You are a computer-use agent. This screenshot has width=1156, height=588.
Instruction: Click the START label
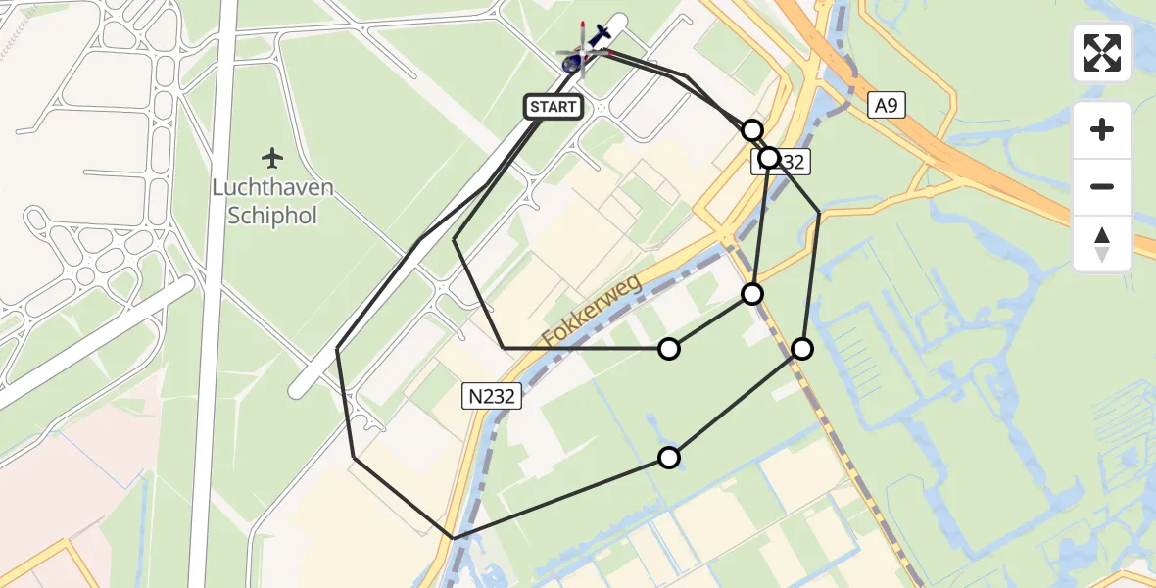point(554,107)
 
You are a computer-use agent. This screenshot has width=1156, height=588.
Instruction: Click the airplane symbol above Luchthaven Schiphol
point(271,157)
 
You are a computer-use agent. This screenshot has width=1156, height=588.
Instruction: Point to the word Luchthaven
point(272,187)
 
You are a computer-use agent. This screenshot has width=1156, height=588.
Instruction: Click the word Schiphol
point(272,216)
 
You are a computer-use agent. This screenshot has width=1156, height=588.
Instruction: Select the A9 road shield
point(886,106)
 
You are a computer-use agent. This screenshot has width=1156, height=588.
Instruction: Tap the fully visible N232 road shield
point(492,395)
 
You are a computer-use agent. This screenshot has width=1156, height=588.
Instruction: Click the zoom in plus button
point(1102,129)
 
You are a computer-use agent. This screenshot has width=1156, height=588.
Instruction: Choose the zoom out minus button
point(1102,186)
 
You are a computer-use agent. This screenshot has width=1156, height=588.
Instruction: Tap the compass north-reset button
point(1102,243)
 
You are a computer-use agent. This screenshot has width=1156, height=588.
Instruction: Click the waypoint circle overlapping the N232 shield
point(769,158)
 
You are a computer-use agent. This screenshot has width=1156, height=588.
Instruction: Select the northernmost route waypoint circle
point(751,130)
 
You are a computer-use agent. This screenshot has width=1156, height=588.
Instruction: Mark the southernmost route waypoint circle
point(669,457)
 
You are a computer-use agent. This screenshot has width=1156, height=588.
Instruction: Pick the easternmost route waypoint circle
point(802,348)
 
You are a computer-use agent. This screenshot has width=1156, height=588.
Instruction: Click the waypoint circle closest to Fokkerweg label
point(669,348)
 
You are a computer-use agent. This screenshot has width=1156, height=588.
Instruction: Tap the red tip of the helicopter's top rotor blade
point(583,24)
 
